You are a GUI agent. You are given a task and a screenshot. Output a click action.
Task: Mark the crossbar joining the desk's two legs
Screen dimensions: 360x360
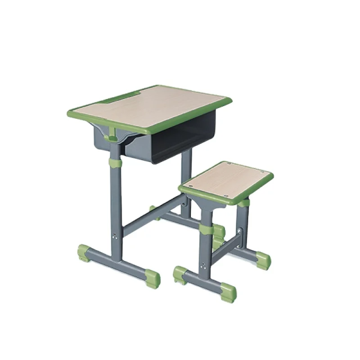pyautogui.click(x=153, y=216)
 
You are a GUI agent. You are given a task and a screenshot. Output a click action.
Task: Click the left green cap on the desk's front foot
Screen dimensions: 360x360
pyautogui.click(x=84, y=253)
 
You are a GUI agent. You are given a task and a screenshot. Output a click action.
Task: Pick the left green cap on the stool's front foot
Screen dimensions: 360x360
pyautogui.click(x=180, y=275)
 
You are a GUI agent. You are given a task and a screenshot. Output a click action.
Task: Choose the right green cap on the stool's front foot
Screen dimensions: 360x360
pyautogui.click(x=229, y=292)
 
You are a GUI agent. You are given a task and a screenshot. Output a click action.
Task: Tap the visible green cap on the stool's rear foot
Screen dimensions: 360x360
pyautogui.click(x=262, y=260)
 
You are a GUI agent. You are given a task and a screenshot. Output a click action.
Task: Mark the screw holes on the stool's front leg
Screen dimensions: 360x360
pyautogui.click(x=206, y=264)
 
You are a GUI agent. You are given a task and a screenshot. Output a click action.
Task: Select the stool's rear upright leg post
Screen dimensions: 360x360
pyautogui.click(x=243, y=225)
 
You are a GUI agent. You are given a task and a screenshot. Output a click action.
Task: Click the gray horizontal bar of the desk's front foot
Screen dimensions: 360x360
pyautogui.click(x=118, y=264)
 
